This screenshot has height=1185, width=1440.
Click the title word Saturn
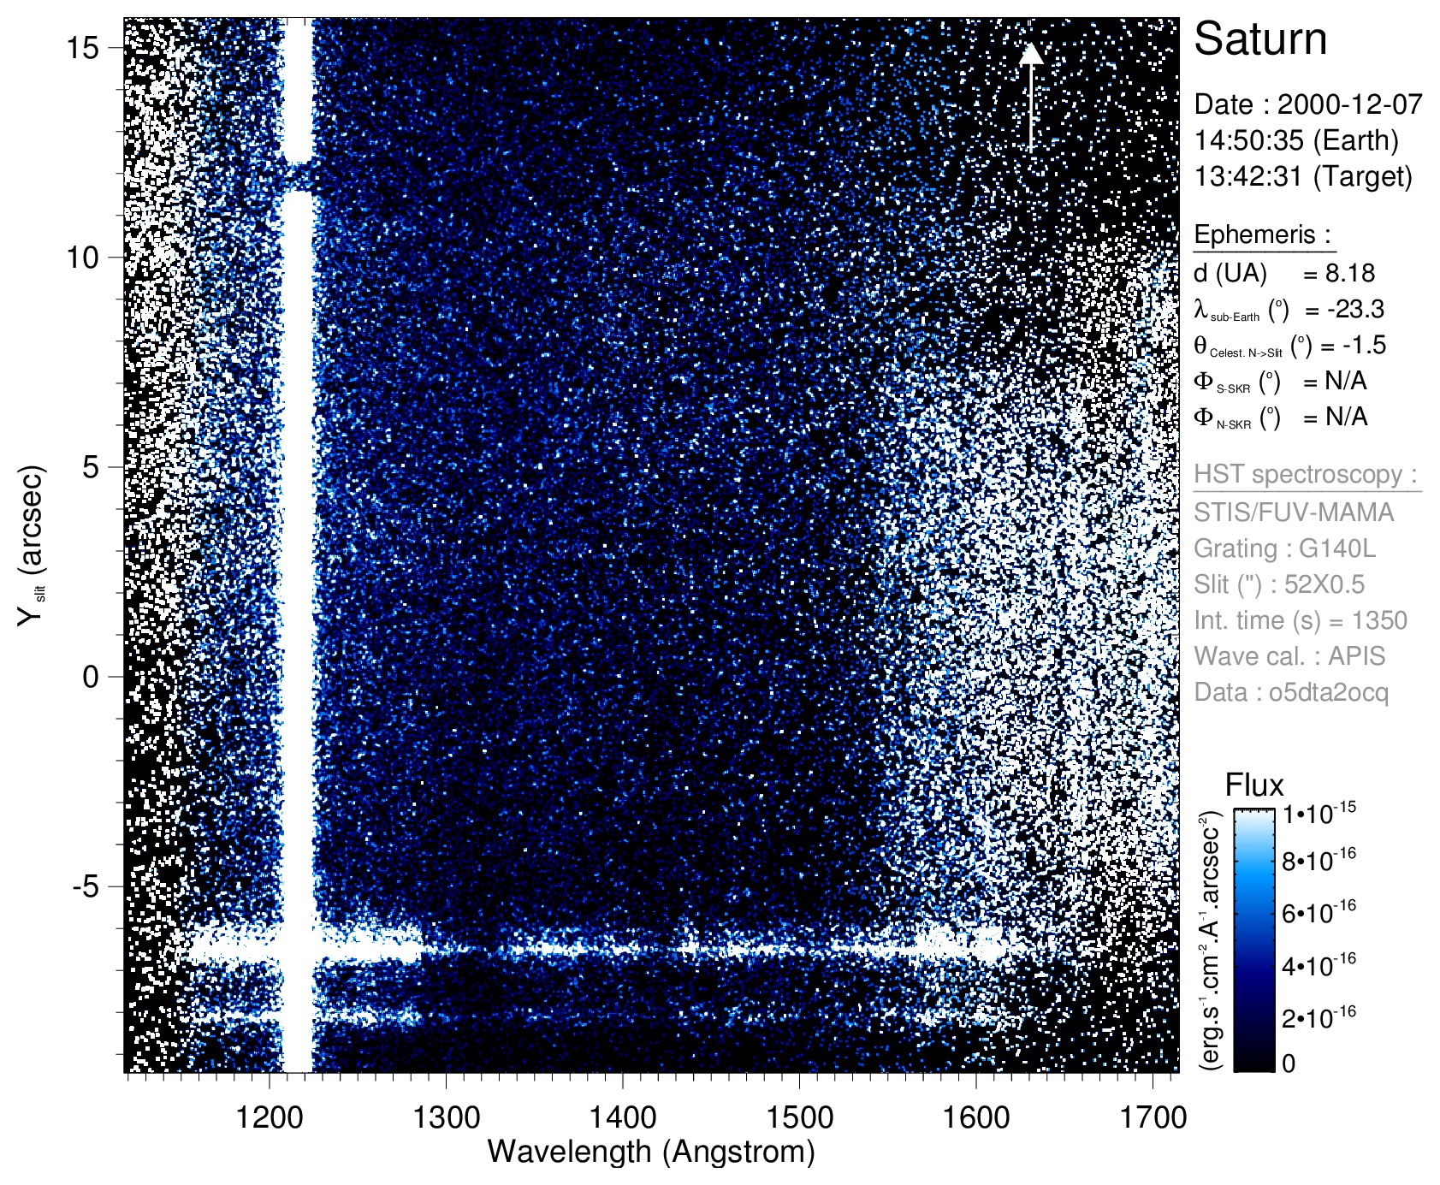tap(1259, 39)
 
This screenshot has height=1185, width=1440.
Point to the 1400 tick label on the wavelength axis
tap(622, 1117)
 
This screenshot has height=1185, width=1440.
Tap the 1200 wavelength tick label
tap(270, 1117)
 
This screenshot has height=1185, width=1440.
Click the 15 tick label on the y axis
tap(83, 48)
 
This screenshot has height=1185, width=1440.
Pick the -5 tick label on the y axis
tap(86, 886)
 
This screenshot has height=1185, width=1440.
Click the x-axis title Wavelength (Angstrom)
tap(650, 1152)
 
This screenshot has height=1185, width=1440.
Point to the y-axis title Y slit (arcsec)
tap(31, 546)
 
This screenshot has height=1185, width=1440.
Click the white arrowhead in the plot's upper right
tap(1031, 54)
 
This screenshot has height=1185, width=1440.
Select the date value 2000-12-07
tap(1349, 104)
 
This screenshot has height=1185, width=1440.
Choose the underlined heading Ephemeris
tap(1262, 234)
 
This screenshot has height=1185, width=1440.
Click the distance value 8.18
tap(1349, 273)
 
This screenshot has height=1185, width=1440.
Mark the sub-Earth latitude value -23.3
tap(1355, 309)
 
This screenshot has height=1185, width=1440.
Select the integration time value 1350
tap(1379, 620)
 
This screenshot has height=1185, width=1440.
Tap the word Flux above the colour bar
tap(1254, 785)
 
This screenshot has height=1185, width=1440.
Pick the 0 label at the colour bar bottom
tap(1289, 1064)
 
